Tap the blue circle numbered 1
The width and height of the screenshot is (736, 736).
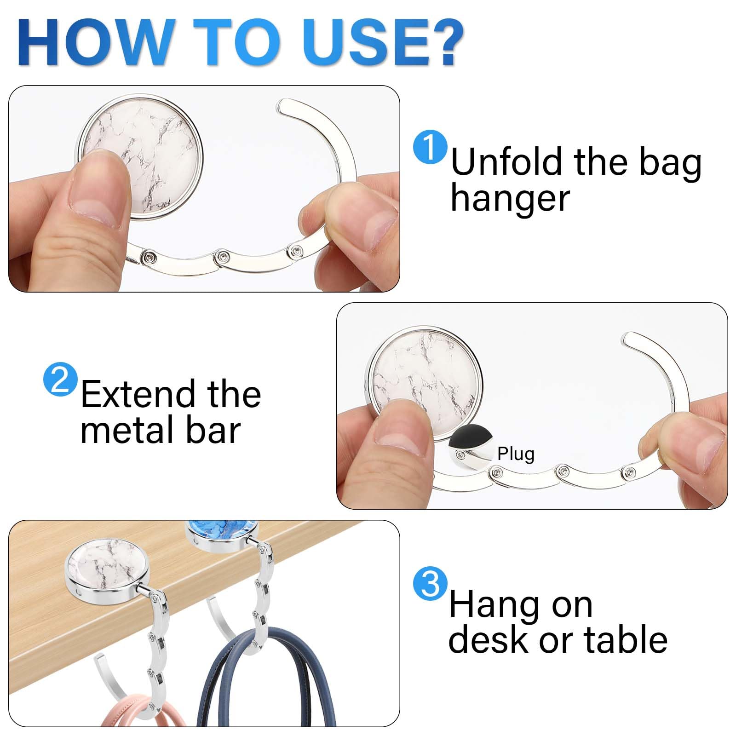(430, 147)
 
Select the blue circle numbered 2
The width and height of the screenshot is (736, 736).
(60, 379)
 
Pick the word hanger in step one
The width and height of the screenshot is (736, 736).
(510, 199)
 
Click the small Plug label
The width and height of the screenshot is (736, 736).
(516, 454)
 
